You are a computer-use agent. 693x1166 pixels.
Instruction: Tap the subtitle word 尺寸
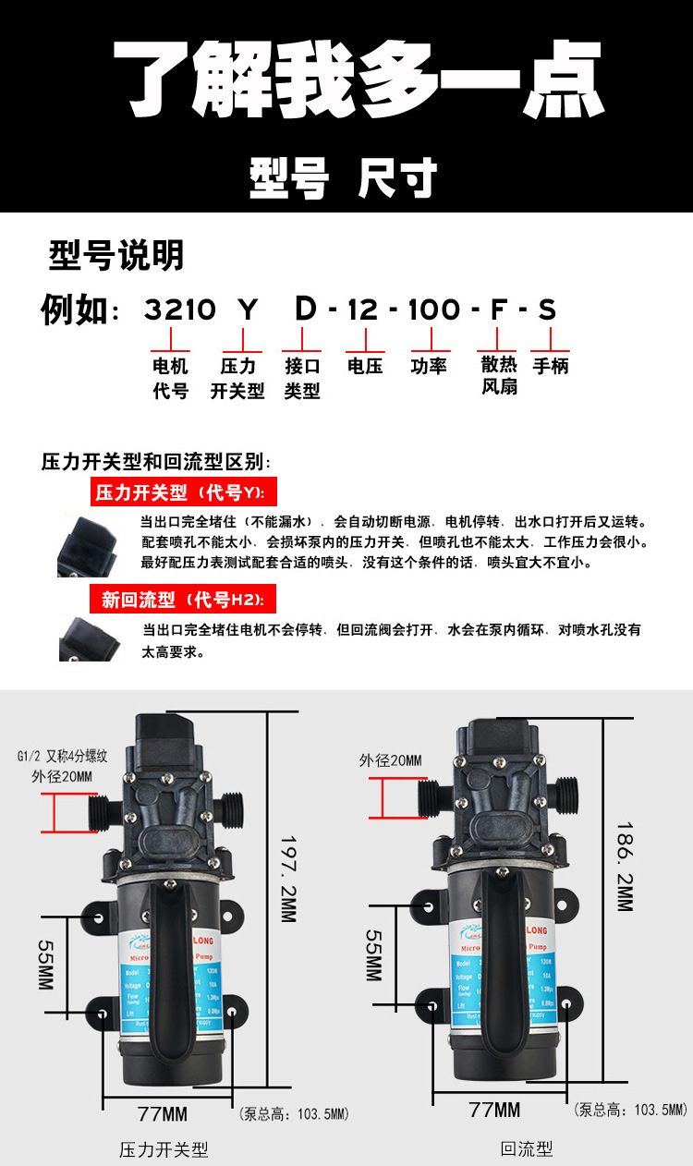(x=397, y=178)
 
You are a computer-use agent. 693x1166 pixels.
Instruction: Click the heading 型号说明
(x=115, y=256)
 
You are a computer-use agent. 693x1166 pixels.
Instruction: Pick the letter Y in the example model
(x=247, y=310)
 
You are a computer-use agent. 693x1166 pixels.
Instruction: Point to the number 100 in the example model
(x=433, y=310)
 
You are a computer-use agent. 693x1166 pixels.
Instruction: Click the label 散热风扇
(x=499, y=376)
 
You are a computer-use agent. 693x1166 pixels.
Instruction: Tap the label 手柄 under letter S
(x=551, y=366)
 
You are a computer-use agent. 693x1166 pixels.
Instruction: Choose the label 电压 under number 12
(x=365, y=366)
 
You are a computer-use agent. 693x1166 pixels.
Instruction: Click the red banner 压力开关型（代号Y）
(x=183, y=492)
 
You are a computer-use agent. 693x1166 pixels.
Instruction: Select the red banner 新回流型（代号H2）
(x=183, y=601)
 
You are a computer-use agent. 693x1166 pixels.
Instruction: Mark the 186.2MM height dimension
(x=625, y=866)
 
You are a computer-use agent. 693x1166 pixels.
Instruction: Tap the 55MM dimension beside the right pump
(x=373, y=955)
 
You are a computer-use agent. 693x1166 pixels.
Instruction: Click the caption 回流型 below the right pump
(x=526, y=1148)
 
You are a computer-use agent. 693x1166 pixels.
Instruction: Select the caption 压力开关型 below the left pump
(x=164, y=1149)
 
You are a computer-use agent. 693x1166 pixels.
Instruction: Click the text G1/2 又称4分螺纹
(x=62, y=756)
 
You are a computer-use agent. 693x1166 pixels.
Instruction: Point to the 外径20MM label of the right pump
(x=390, y=760)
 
